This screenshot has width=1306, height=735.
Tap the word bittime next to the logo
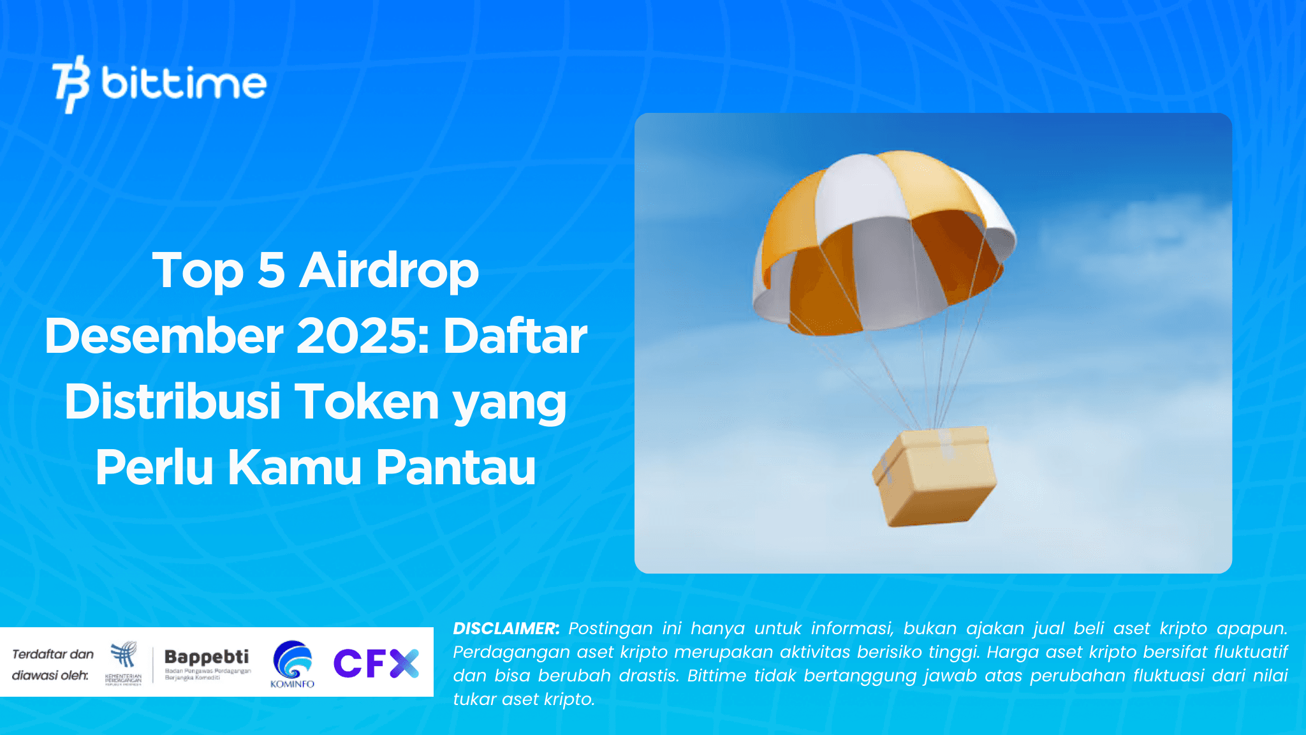(x=184, y=83)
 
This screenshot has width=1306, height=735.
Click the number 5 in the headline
(x=271, y=271)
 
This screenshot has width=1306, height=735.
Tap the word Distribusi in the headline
(x=173, y=402)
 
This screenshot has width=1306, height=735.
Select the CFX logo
(x=376, y=664)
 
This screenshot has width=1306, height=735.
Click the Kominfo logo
(x=293, y=664)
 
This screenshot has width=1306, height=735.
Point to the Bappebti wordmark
(x=207, y=657)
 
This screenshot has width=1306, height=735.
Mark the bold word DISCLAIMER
(x=506, y=628)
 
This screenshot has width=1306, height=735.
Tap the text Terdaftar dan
(x=53, y=654)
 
